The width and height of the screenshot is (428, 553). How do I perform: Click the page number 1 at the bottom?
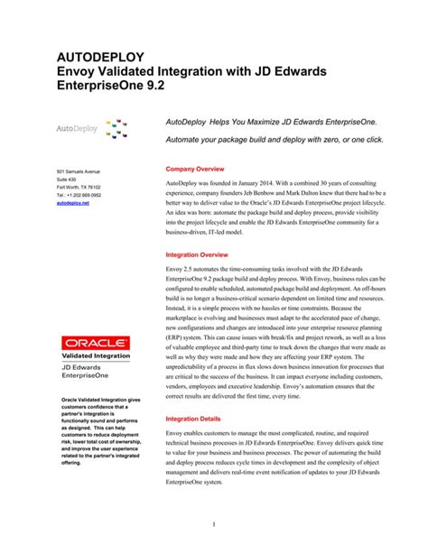click(x=212, y=524)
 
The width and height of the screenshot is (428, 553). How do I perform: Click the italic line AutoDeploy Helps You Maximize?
click(x=272, y=119)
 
